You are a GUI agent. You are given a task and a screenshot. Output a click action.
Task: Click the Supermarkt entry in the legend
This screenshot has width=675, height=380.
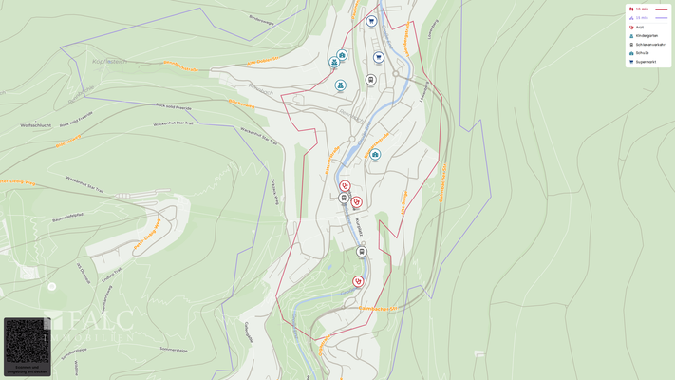click(648, 62)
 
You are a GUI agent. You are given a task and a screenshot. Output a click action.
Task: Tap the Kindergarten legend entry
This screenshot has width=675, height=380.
click(649, 35)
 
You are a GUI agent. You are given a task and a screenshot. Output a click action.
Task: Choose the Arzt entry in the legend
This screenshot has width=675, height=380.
click(640, 27)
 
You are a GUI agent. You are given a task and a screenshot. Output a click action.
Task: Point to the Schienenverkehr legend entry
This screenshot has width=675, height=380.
click(650, 44)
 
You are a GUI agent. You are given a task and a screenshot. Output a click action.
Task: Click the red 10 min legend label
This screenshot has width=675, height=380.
click(642, 9)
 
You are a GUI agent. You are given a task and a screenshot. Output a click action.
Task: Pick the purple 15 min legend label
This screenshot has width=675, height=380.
click(642, 17)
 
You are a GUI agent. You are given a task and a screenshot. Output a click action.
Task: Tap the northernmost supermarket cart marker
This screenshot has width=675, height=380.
click(371, 21)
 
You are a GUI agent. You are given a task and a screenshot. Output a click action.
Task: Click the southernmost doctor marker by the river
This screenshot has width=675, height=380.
click(358, 281)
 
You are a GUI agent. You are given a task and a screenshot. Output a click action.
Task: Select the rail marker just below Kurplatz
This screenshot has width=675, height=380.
click(362, 252)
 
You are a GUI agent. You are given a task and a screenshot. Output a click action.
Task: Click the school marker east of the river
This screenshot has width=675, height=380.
click(375, 154)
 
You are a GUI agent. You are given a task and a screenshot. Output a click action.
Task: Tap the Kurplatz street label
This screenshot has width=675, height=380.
click(359, 228)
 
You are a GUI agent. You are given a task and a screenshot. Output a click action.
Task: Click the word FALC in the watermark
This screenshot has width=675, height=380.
click(99, 322)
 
